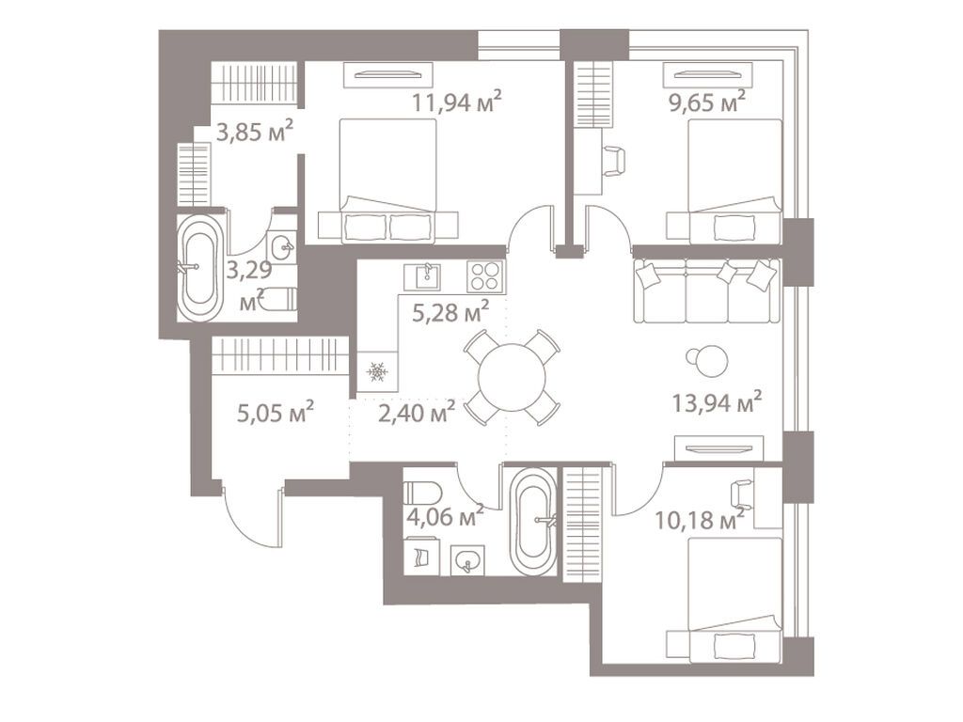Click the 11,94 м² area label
456,101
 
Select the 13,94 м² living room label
717,403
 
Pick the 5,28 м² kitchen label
450,312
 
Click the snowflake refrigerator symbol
376,373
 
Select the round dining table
512,377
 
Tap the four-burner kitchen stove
485,276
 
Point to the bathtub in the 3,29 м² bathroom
201,268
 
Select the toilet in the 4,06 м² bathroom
422,494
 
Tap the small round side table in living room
708,359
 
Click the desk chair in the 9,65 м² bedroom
613,161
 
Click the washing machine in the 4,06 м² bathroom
418,557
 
